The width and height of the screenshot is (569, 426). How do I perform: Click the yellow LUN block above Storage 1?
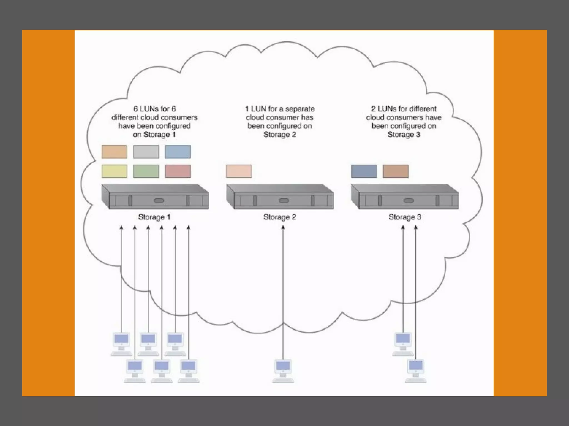(114, 171)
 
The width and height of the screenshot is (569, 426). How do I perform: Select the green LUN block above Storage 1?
(146, 171)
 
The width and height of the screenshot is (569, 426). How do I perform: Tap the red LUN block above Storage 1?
(178, 171)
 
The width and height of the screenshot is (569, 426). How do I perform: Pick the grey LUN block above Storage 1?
(146, 152)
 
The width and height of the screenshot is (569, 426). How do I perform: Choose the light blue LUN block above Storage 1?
(178, 152)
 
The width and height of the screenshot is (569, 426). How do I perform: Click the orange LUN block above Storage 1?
(114, 152)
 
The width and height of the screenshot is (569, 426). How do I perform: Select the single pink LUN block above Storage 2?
(239, 171)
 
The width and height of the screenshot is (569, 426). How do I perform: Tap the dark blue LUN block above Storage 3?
(364, 171)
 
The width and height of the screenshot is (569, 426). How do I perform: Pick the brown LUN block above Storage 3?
(396, 171)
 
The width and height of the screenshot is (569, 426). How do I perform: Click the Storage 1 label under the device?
(154, 217)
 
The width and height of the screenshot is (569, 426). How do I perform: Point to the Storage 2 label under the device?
(279, 217)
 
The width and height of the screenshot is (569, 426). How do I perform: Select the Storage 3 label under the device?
(405, 217)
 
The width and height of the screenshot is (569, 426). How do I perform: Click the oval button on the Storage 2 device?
(284, 201)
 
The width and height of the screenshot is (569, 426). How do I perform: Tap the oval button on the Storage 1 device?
(159, 201)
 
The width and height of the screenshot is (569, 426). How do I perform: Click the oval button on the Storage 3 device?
(408, 201)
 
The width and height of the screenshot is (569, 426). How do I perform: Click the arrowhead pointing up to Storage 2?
(283, 227)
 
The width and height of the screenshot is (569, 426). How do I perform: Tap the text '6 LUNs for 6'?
(154, 109)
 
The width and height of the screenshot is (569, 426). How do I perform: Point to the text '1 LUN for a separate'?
(280, 109)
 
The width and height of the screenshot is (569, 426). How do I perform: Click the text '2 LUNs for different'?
(404, 109)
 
